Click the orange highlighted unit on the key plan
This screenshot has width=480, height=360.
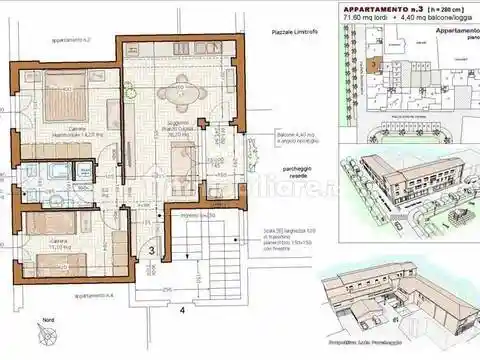[372, 66]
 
